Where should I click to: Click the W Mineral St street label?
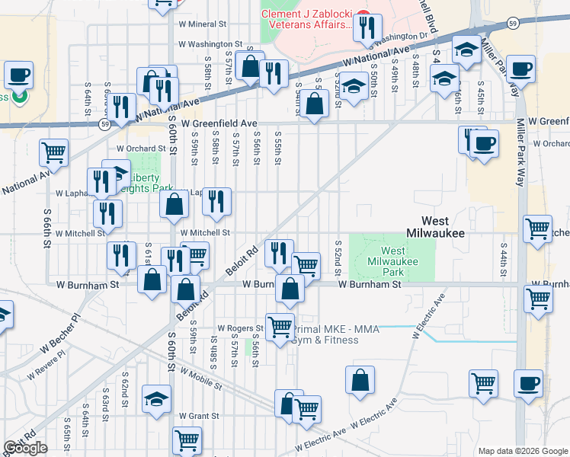tap(203, 24)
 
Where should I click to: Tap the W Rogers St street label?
tap(240, 328)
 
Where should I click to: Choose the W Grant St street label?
tap(199, 416)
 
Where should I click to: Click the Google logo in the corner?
tap(25, 448)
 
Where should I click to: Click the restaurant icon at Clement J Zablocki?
tap(368, 28)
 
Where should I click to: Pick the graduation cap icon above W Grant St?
tap(157, 398)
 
